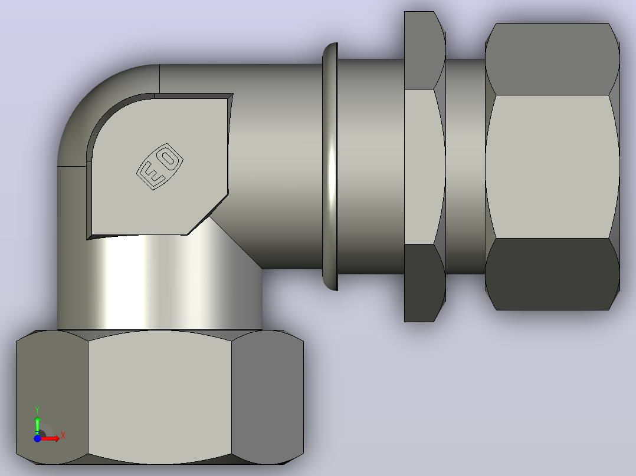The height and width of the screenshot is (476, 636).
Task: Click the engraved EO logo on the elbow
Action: (160, 166)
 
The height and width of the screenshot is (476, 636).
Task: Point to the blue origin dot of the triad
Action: (37, 438)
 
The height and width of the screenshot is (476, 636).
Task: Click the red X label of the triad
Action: (63, 436)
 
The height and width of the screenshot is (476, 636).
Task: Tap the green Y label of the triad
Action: (37, 410)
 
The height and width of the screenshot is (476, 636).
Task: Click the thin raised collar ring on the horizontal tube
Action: (330, 166)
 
